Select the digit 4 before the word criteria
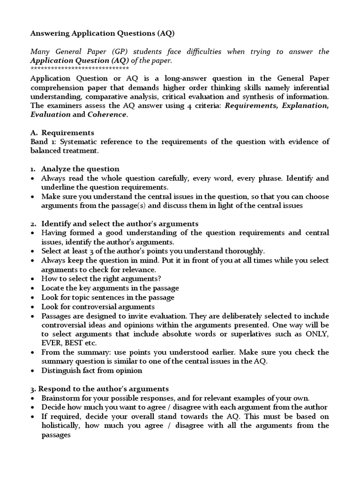pos(186,105)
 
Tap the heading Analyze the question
pos(80,169)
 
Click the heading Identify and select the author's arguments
pos(120,224)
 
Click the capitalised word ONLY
pos(316,334)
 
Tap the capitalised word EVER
pos(51,343)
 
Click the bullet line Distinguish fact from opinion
pos(91,370)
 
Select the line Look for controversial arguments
pos(98,307)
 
